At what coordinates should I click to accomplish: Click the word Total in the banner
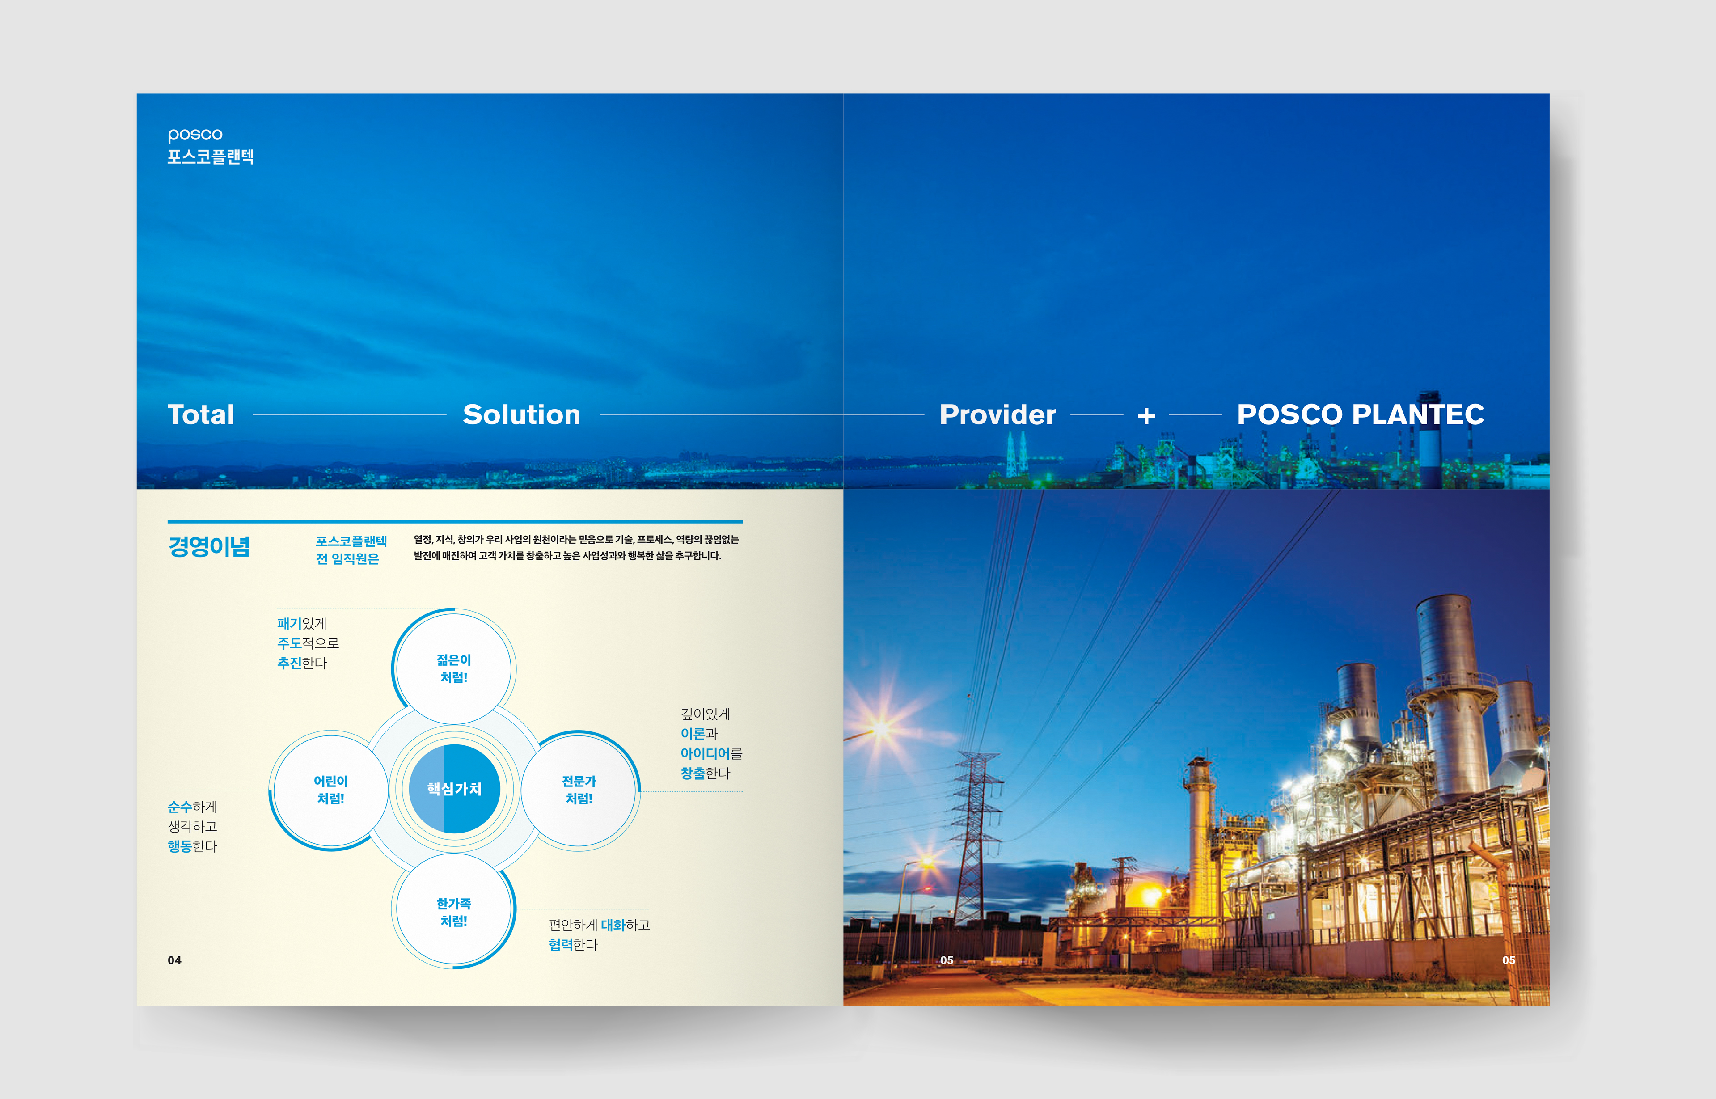[x=201, y=414]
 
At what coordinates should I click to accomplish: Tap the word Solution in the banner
[x=522, y=414]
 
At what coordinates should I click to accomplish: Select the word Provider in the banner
[x=997, y=414]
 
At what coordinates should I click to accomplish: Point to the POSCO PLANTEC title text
[x=1361, y=414]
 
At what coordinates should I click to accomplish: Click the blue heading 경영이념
[x=209, y=547]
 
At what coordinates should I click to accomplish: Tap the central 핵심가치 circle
[x=454, y=789]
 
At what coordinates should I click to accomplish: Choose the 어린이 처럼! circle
[x=330, y=790]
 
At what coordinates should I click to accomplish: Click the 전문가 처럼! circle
[x=579, y=790]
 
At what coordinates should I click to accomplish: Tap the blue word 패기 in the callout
[x=289, y=624]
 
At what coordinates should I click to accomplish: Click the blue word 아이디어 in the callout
[x=705, y=753]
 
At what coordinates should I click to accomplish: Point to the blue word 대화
[x=613, y=926]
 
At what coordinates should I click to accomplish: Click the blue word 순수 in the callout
[x=180, y=807]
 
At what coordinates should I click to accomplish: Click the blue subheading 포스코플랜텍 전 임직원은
[x=351, y=550]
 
